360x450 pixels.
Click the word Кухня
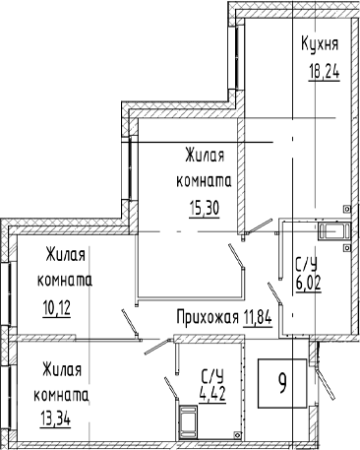click(x=320, y=44)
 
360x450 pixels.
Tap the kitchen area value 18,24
click(x=324, y=70)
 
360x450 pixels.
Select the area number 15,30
click(x=204, y=208)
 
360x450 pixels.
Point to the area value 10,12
click(x=56, y=308)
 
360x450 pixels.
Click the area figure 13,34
click(x=55, y=418)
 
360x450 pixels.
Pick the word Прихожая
click(x=208, y=317)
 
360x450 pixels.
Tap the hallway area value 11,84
click(x=258, y=317)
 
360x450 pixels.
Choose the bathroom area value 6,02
click(x=308, y=284)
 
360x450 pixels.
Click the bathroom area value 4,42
click(x=212, y=394)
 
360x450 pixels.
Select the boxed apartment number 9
click(x=282, y=384)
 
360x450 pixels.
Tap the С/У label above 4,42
click(x=212, y=376)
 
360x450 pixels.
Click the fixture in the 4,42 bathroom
click(x=188, y=421)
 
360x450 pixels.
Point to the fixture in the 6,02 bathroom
click(x=334, y=230)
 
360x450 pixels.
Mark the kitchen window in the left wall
click(x=236, y=57)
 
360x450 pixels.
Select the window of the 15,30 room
click(x=130, y=168)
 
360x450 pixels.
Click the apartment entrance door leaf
click(x=325, y=384)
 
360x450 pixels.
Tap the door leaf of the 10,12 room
click(x=130, y=323)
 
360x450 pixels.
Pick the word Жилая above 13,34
click(x=62, y=370)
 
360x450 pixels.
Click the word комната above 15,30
click(x=204, y=181)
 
